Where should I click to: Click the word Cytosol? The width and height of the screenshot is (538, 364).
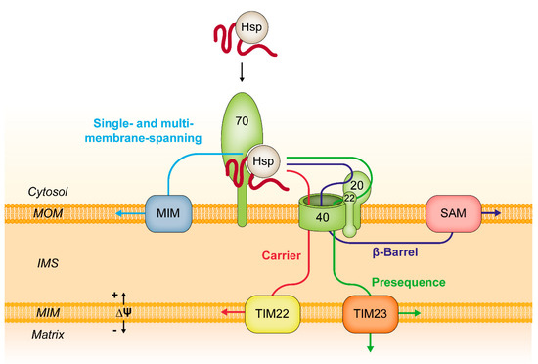pyautogui.click(x=30, y=194)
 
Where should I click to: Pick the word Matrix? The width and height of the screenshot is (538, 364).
pyautogui.click(x=28, y=333)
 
